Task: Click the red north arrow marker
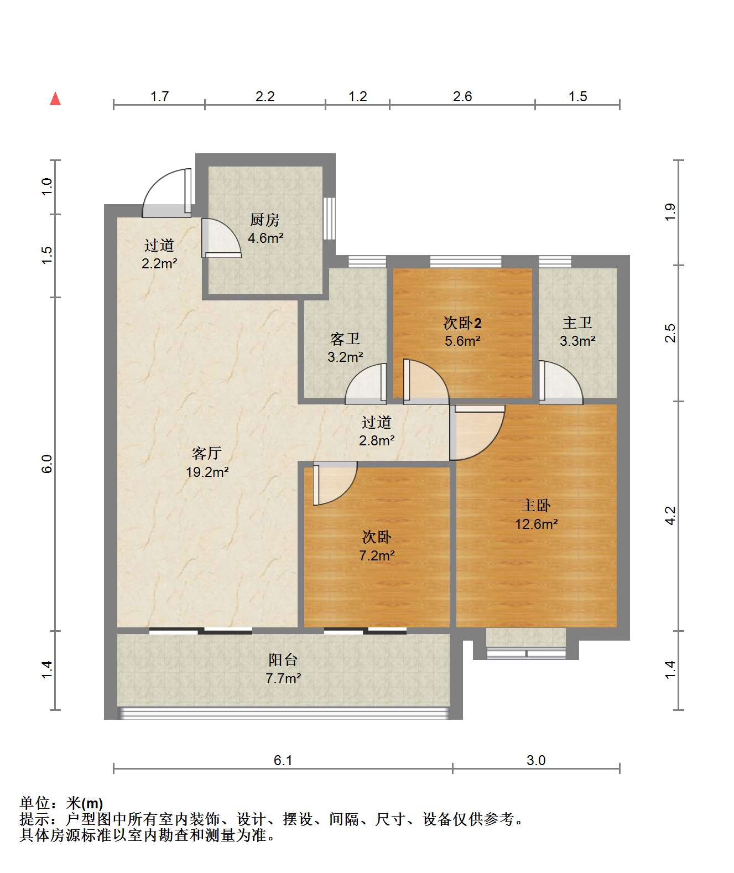click(x=56, y=98)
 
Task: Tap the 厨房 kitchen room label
click(x=264, y=220)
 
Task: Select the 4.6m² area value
click(x=266, y=238)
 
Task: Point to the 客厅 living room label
click(x=207, y=453)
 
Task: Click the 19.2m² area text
click(x=207, y=472)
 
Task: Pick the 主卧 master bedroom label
click(x=536, y=506)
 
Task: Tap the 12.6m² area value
click(x=537, y=524)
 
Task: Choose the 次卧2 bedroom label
click(x=462, y=323)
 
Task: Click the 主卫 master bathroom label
click(x=577, y=323)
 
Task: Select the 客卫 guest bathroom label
click(x=345, y=339)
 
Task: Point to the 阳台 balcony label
click(x=283, y=660)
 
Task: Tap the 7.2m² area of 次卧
click(x=377, y=555)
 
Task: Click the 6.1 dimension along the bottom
click(x=283, y=760)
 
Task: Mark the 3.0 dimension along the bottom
click(x=536, y=760)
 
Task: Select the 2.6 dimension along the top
click(x=462, y=97)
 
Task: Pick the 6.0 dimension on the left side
click(x=47, y=464)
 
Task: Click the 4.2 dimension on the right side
click(x=670, y=516)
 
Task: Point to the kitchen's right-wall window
click(x=329, y=218)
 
